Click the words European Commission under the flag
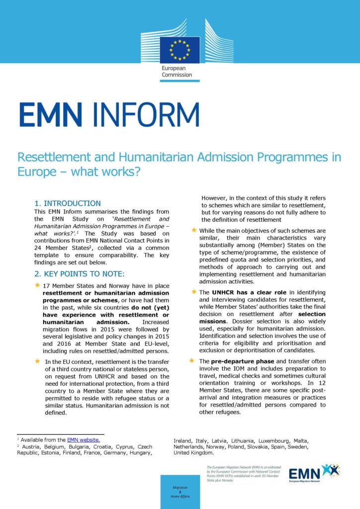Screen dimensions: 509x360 177,72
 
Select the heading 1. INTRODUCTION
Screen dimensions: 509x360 67,203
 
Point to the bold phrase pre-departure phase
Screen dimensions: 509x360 231,360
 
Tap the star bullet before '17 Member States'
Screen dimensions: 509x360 37,285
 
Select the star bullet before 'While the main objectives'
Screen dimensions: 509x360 193,230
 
